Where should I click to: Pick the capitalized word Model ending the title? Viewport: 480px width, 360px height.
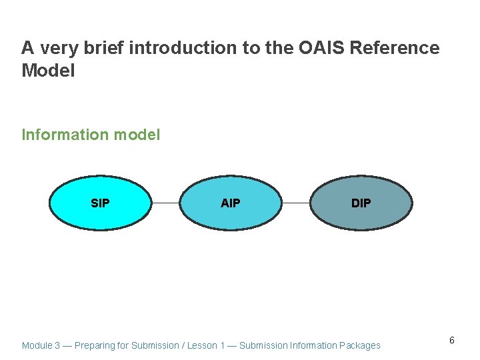point(48,70)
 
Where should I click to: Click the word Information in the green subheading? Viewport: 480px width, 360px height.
point(65,135)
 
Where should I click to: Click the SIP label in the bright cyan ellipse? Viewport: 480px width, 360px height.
point(100,203)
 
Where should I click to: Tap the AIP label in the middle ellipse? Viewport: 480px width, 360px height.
point(230,203)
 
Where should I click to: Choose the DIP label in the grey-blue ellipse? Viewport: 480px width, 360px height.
point(361,203)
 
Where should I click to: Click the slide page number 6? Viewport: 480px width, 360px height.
point(451,341)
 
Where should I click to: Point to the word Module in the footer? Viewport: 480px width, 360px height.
point(37,345)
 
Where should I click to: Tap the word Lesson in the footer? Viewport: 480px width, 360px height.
point(203,345)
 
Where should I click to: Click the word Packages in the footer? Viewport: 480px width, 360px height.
point(360,345)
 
